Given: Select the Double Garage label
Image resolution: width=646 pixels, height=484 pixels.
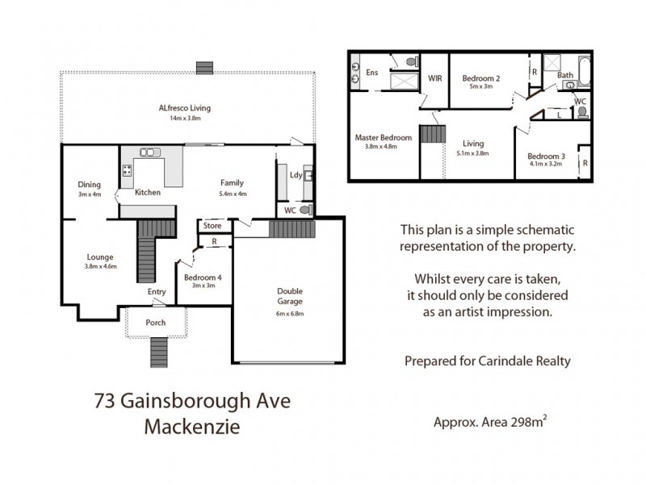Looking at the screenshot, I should coord(289,296).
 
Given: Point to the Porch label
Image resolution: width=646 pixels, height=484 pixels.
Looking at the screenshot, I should coord(155,323).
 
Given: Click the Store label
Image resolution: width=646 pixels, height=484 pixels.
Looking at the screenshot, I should coord(212,226).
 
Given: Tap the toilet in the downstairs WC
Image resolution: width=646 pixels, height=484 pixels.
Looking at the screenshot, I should coord(304,210).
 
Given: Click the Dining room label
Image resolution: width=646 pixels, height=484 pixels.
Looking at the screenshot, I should coord(90,184).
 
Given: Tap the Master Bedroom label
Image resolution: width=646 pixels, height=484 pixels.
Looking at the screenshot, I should coord(383,138).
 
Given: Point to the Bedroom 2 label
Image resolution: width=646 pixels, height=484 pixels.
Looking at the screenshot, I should coord(481,78).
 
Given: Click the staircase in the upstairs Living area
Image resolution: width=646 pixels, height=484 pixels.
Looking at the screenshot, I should coord(432,136).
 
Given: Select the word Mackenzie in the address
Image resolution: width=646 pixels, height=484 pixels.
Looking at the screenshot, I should coord(191,425).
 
